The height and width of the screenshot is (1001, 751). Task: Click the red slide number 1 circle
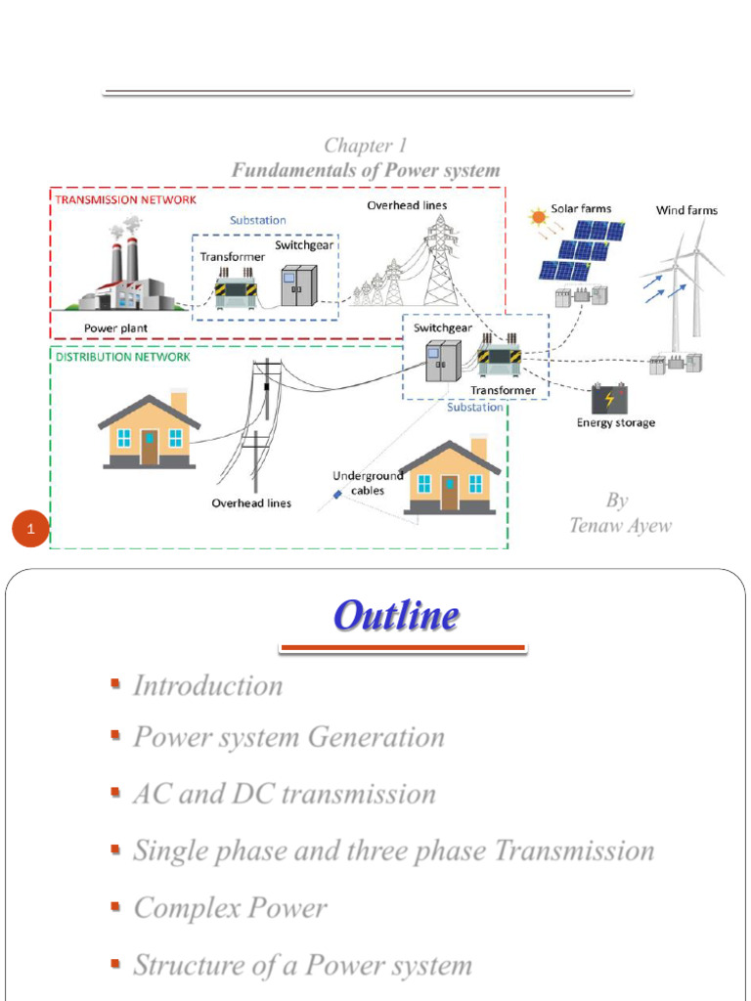(30, 529)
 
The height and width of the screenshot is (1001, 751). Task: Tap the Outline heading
(396, 616)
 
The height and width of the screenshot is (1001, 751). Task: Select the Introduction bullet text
(207, 685)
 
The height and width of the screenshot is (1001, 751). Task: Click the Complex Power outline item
(230, 908)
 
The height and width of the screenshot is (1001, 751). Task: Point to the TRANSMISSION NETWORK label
(126, 199)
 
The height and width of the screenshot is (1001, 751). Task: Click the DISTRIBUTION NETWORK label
(122, 357)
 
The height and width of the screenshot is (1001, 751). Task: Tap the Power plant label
(115, 328)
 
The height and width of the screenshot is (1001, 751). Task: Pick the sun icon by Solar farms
(539, 218)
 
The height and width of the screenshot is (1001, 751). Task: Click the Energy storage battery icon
(610, 400)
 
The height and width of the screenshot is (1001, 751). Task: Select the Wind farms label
(686, 210)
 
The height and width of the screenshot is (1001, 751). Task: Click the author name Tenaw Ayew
(620, 525)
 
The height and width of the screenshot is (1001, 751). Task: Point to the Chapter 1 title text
(366, 146)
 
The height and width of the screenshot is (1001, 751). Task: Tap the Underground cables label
(368, 483)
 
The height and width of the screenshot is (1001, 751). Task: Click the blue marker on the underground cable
(337, 494)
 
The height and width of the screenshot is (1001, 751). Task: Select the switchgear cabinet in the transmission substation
(299, 285)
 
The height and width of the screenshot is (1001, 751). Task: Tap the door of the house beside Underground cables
(450, 493)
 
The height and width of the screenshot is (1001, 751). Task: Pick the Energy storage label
(616, 422)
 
